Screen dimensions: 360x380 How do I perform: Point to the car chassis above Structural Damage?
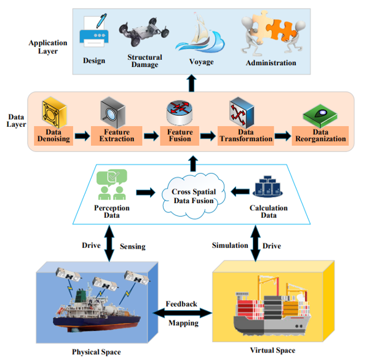tap(142, 34)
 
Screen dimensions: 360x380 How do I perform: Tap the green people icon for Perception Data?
tap(112, 184)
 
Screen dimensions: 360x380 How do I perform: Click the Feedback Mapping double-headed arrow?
tap(181, 313)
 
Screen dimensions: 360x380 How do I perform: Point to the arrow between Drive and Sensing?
tap(110, 244)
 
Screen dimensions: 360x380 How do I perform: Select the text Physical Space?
tap(96, 352)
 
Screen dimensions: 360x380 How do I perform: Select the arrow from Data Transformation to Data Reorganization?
tap(283, 135)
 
